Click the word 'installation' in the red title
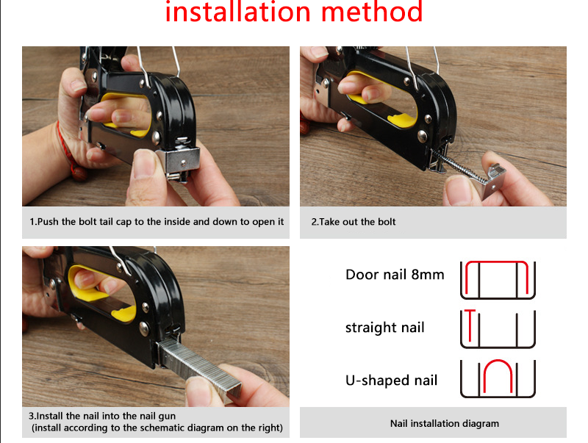[237, 11]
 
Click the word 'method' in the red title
[372, 11]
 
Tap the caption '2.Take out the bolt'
[354, 222]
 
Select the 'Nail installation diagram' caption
[445, 423]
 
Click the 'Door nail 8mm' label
[395, 275]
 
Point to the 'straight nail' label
[384, 328]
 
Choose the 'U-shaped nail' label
[391, 381]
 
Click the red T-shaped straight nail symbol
[470, 325]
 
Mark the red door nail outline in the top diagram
[497, 262]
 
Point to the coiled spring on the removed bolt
[456, 165]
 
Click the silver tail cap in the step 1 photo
[178, 160]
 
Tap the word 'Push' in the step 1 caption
[48, 222]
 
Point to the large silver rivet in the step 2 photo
[423, 137]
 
